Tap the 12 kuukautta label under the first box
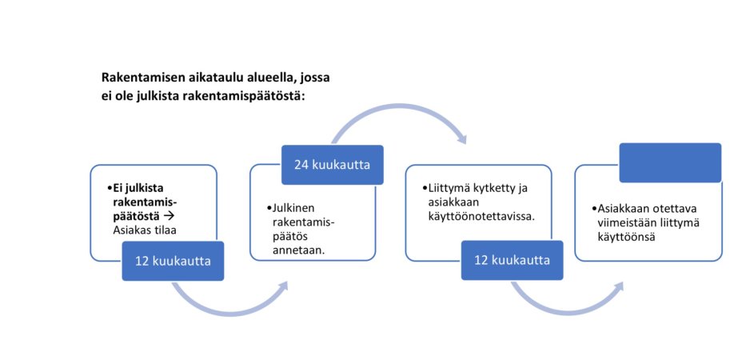(173, 262)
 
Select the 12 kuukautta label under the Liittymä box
(512, 262)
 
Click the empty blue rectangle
(670, 162)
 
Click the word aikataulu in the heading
(213, 78)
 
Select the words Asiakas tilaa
(144, 230)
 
